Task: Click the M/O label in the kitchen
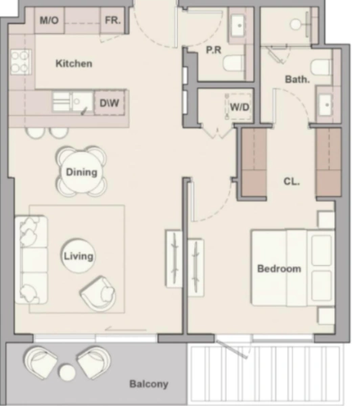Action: [x=49, y=21]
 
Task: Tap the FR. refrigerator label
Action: [x=113, y=21]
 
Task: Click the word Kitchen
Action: [x=74, y=64]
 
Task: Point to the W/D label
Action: [x=238, y=106]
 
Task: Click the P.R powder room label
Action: [x=215, y=49]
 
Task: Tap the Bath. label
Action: [x=297, y=79]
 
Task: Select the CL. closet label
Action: [x=292, y=181]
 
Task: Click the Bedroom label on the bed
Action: [x=279, y=269]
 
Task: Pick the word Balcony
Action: [x=148, y=384]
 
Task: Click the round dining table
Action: [x=81, y=172]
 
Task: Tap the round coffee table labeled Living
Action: [x=78, y=256]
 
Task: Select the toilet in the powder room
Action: [x=233, y=64]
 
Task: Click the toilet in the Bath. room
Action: [x=321, y=66]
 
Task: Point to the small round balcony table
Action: [x=67, y=373]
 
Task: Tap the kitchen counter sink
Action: [x=72, y=101]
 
